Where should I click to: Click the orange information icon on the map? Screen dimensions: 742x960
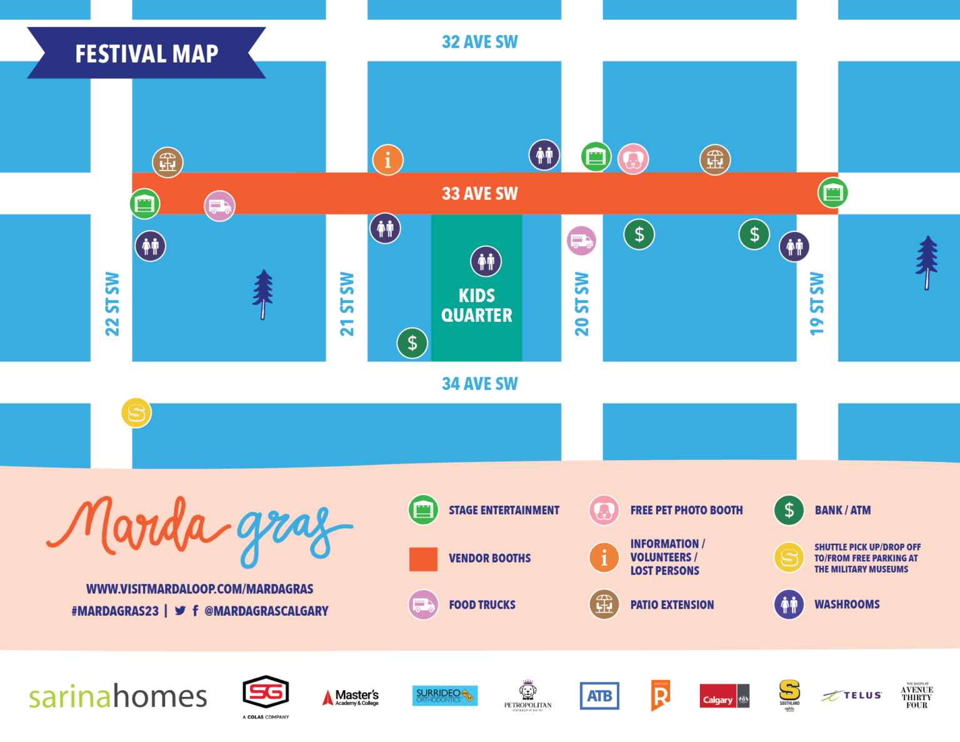387,160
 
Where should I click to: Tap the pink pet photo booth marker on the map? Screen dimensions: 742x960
633,159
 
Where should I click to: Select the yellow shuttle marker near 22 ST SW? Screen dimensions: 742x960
136,413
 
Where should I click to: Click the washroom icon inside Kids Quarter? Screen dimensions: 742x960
486,261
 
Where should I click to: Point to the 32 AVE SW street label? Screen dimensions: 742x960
479,42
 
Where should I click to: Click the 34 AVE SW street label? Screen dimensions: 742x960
479,383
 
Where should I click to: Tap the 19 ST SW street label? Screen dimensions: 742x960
817,304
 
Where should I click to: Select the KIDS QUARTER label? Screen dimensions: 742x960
477,305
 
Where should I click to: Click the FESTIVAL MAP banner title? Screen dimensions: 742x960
147,54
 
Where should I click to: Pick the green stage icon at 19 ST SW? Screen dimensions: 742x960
832,193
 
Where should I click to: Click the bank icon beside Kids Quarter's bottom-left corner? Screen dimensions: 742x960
412,343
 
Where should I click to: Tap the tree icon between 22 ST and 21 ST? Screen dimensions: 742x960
263,294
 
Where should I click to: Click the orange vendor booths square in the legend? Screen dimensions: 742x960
423,559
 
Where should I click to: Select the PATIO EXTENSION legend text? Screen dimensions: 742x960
672,604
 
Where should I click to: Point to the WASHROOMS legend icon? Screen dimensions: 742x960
789,604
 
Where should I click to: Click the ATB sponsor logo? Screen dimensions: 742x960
599,696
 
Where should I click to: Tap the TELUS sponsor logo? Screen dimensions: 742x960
852,695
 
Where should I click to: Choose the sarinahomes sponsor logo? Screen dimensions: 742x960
118,696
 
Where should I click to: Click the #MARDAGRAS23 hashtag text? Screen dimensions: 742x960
115,611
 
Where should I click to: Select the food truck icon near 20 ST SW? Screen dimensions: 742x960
581,241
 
